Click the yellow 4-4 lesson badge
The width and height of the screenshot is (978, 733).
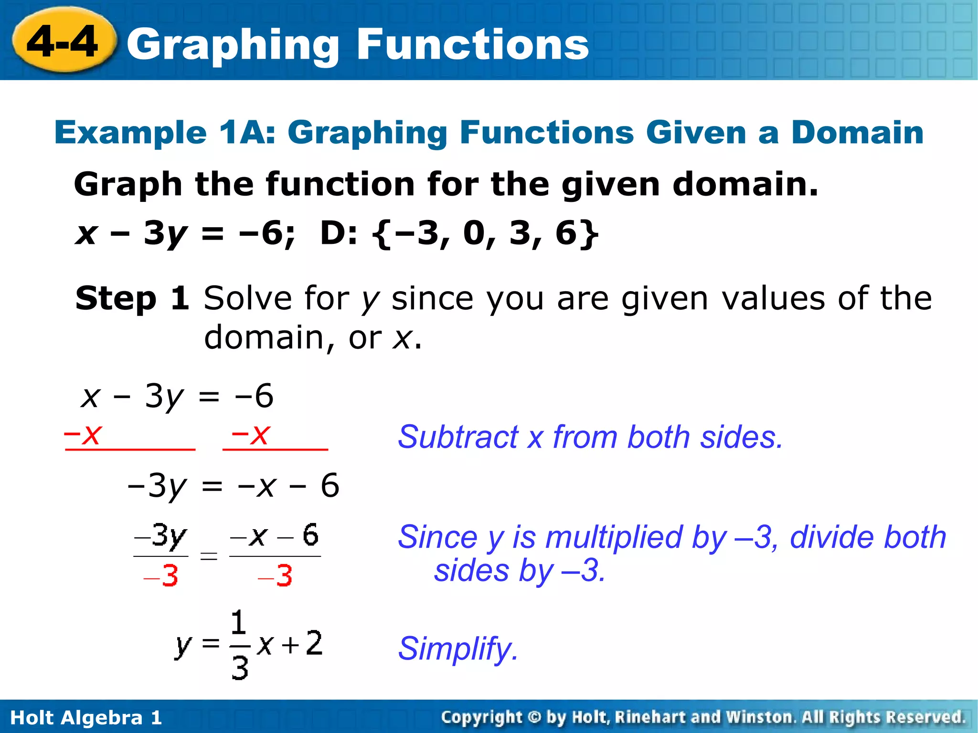coord(64,42)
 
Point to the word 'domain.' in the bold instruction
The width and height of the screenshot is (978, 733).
coord(745,184)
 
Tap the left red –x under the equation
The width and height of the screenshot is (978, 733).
coord(82,434)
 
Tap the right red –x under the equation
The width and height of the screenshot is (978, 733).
coord(251,434)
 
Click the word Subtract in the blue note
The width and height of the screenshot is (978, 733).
coord(457,437)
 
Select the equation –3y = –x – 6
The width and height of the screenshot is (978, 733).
coord(233,486)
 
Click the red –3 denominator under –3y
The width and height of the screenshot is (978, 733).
coord(161,576)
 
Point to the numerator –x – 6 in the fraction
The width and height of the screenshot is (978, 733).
coord(275,536)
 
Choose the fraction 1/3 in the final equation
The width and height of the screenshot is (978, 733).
coord(239,645)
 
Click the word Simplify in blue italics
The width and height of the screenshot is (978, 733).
coord(457,649)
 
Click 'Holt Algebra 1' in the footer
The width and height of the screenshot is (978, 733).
coord(86,718)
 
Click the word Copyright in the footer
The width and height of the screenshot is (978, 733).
coord(481,717)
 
